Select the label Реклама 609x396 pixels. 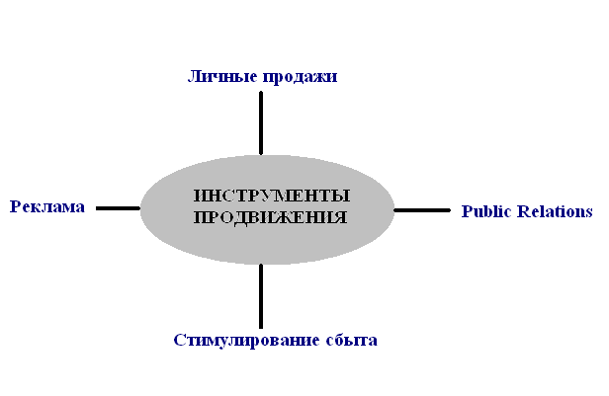46,206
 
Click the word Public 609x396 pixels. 485,211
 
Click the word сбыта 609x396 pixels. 349,341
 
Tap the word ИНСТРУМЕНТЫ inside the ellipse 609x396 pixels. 271,195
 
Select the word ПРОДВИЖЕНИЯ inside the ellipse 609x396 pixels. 270,217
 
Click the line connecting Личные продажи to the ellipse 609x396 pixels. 261,122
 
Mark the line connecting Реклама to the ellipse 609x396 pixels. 118,208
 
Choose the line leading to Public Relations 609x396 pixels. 422,210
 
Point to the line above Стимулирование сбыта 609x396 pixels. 261,295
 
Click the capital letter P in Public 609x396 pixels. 467,211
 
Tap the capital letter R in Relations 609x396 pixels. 519,211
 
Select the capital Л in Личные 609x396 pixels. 194,76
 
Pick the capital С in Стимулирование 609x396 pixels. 178,341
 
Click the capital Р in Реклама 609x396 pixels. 15,206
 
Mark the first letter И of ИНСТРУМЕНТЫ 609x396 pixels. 199,195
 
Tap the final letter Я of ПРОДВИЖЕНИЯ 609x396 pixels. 340,217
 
